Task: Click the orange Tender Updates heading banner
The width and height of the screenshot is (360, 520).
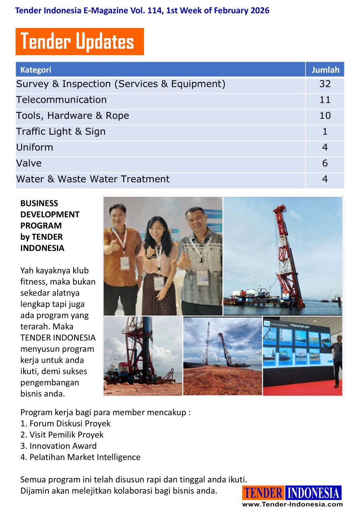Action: [x=80, y=42]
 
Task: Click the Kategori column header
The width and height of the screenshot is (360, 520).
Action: [x=36, y=70]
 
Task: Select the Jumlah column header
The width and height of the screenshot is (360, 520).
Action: [x=325, y=70]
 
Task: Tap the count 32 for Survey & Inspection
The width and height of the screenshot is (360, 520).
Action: [x=325, y=84]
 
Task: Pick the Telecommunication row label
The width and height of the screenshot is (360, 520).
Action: [x=61, y=100]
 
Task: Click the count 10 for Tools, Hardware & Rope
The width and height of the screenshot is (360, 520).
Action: [x=325, y=116]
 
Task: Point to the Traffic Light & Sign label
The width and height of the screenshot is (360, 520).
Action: [x=61, y=132]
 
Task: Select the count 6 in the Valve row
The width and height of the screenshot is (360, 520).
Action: [x=325, y=163]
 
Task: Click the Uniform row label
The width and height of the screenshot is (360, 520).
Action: [x=35, y=147]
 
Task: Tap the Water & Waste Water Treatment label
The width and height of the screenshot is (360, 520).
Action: [x=93, y=179]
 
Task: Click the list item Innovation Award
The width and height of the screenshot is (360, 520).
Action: [x=58, y=446]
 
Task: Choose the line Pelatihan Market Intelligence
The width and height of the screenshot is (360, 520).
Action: [x=80, y=457]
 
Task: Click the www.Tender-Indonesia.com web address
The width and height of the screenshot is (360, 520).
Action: [x=292, y=504]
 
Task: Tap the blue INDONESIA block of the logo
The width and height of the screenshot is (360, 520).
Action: [x=314, y=493]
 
